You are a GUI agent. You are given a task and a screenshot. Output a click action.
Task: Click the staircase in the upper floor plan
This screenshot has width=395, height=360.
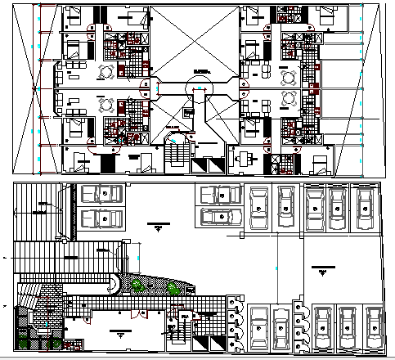175,153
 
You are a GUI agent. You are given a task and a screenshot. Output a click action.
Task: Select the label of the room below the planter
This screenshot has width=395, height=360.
120,331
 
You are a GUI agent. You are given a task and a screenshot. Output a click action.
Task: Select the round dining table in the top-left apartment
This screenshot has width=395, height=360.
105,71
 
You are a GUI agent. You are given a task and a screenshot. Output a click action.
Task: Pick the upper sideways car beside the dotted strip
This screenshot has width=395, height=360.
100,194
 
